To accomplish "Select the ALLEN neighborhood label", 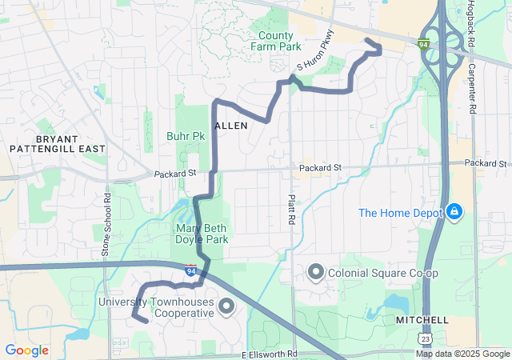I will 231,126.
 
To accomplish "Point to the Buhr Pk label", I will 186,137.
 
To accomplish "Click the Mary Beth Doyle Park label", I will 202,234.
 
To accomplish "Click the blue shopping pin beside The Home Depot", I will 454,212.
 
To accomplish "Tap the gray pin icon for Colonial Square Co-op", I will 315,273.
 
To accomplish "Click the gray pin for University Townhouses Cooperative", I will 226,306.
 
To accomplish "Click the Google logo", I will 26,350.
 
